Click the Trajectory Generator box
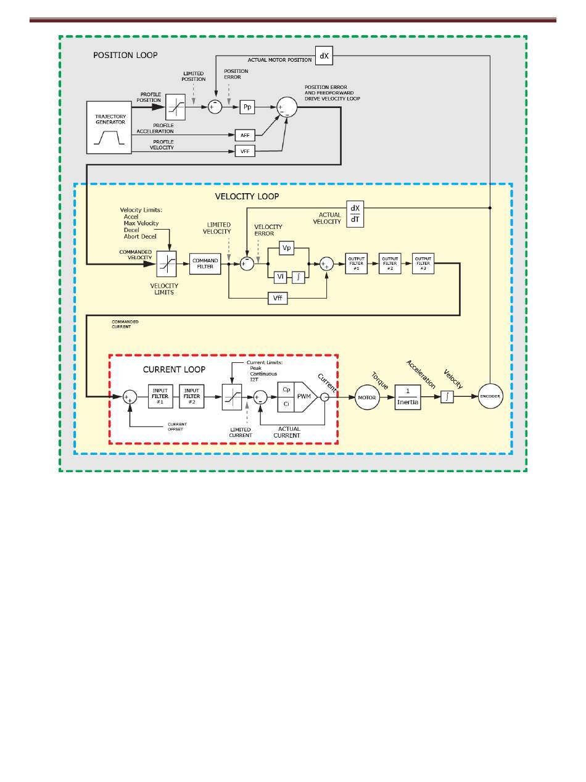point(109,127)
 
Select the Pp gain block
point(247,107)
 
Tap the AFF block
point(245,135)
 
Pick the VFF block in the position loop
point(245,151)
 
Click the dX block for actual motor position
point(324,56)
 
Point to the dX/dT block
point(355,214)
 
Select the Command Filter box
point(205,264)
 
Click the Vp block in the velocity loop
point(286,247)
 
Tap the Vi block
point(280,277)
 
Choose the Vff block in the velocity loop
point(278,298)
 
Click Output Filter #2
point(389,264)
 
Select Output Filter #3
point(423,264)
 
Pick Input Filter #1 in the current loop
point(160,396)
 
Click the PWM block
point(304,396)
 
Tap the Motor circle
point(367,397)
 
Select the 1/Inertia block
point(408,397)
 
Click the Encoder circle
point(490,397)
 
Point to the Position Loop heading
point(125,55)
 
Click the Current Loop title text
point(174,369)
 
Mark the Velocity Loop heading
point(247,196)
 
